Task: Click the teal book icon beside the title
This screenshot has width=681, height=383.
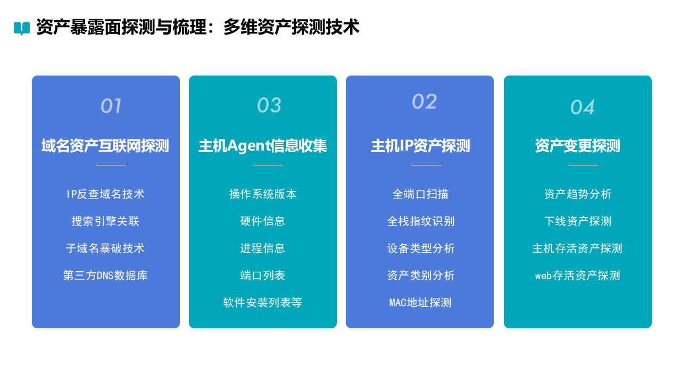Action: [x=22, y=28]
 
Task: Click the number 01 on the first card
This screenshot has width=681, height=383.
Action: [x=111, y=106]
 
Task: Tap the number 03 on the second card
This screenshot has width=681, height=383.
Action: [x=269, y=105]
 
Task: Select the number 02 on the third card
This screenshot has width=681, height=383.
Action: [x=425, y=101]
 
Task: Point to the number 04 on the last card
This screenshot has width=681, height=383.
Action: [x=583, y=107]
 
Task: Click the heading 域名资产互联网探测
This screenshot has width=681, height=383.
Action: [x=105, y=146]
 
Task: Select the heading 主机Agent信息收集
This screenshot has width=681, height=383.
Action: [x=263, y=146]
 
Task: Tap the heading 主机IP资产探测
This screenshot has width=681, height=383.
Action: [x=420, y=146]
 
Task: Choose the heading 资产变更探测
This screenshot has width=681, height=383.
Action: [x=578, y=146]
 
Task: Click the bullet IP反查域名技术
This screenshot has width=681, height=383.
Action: [x=105, y=194]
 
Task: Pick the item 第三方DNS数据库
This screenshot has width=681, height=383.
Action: [x=105, y=276]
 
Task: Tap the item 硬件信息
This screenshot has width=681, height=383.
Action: [x=263, y=221]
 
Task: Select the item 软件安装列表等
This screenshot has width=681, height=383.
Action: [x=263, y=303]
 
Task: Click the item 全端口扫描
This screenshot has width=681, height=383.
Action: [x=420, y=194]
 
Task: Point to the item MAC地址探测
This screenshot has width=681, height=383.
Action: [x=420, y=303]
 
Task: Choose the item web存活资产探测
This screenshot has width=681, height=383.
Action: [x=578, y=276]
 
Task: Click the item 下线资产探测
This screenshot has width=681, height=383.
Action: [x=578, y=221]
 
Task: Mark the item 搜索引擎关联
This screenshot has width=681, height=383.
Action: [x=105, y=221]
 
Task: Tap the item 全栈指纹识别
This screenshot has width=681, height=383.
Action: [x=420, y=221]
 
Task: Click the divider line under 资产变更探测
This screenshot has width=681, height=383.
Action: [x=583, y=165]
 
